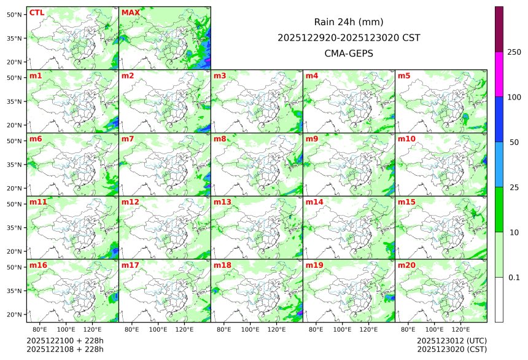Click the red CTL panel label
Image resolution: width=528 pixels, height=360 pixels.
point(36,13)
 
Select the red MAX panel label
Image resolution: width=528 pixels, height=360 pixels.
point(131,13)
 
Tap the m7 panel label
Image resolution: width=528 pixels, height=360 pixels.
point(128,139)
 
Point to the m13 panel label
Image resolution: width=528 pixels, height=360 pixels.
point(222,202)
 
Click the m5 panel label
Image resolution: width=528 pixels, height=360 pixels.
point(404,76)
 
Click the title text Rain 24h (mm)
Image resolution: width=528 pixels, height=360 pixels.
point(349,22)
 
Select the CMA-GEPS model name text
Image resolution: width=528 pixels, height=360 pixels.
point(349,53)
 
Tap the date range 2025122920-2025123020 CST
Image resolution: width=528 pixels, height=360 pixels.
point(349,37)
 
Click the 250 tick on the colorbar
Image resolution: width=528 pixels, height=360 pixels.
point(514,52)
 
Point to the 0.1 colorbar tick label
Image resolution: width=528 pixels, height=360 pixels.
point(514,277)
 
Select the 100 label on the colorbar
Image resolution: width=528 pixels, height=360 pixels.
point(514,97)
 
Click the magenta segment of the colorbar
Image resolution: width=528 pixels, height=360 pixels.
point(499,74)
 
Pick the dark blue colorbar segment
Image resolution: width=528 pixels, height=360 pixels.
point(499,119)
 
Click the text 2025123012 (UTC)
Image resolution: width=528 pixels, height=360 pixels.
point(443,340)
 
